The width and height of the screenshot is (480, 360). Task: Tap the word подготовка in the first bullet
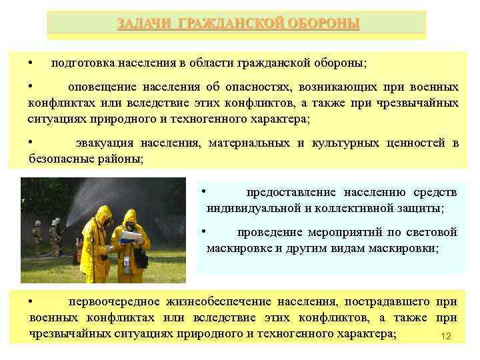click(83, 63)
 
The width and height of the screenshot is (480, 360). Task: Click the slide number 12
click(447, 336)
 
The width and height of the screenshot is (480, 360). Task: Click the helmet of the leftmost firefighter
click(37, 222)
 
